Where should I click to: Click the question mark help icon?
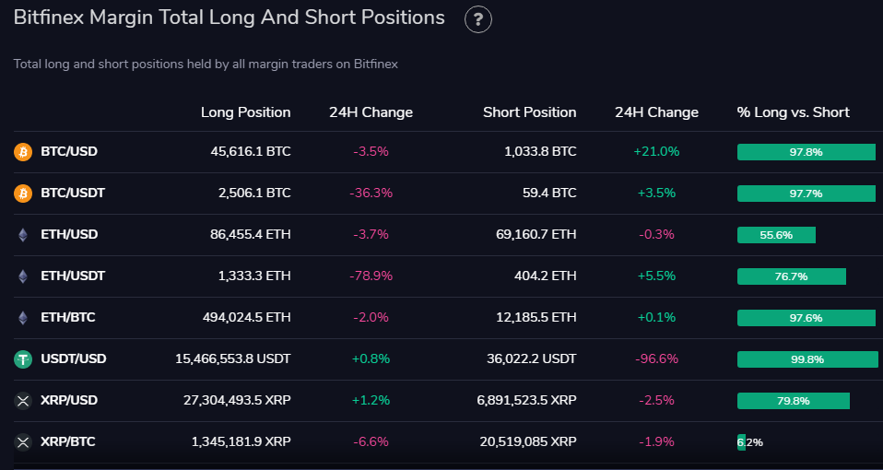point(478,19)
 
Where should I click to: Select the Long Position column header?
point(245,112)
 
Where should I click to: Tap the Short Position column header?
point(529,112)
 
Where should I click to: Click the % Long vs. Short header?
point(793,112)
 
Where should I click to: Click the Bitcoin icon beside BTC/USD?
point(23,152)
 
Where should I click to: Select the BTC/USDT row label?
point(73,194)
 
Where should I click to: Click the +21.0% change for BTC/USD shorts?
point(656,152)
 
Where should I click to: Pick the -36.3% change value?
point(371,194)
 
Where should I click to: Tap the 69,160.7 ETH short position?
point(536,235)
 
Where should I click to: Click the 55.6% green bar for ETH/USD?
point(776,235)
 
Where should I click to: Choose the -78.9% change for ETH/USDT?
point(371,276)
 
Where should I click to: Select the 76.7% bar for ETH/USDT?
point(791,276)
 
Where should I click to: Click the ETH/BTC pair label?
point(68,318)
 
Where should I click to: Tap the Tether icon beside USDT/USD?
point(23,359)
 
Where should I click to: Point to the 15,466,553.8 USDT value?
point(232,359)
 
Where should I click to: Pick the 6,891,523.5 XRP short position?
point(528,401)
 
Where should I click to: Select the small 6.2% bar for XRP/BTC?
point(742,442)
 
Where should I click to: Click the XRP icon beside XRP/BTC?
point(23,442)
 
